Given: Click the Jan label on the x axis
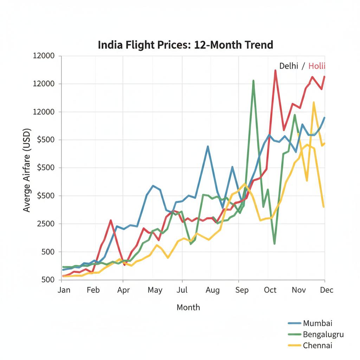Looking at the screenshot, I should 64,290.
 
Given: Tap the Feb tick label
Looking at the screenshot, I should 93,290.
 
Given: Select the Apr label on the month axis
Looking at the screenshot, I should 123,290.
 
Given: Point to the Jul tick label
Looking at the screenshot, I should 182,290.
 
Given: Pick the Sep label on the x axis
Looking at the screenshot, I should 242,290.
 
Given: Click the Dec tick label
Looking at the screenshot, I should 327,290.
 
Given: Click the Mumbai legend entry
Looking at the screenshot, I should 317,323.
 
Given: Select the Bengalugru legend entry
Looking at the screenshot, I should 323,334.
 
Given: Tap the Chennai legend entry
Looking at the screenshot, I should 317,345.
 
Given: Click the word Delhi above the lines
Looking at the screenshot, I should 289,66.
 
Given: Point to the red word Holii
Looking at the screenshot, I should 317,66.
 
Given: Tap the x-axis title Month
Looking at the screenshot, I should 188,307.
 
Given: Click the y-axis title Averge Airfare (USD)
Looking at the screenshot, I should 27,170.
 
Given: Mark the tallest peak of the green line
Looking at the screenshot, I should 253,81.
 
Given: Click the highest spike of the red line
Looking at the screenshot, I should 275,70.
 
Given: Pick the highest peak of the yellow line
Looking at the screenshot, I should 314,103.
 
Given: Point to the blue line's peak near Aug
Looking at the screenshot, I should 208,146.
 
